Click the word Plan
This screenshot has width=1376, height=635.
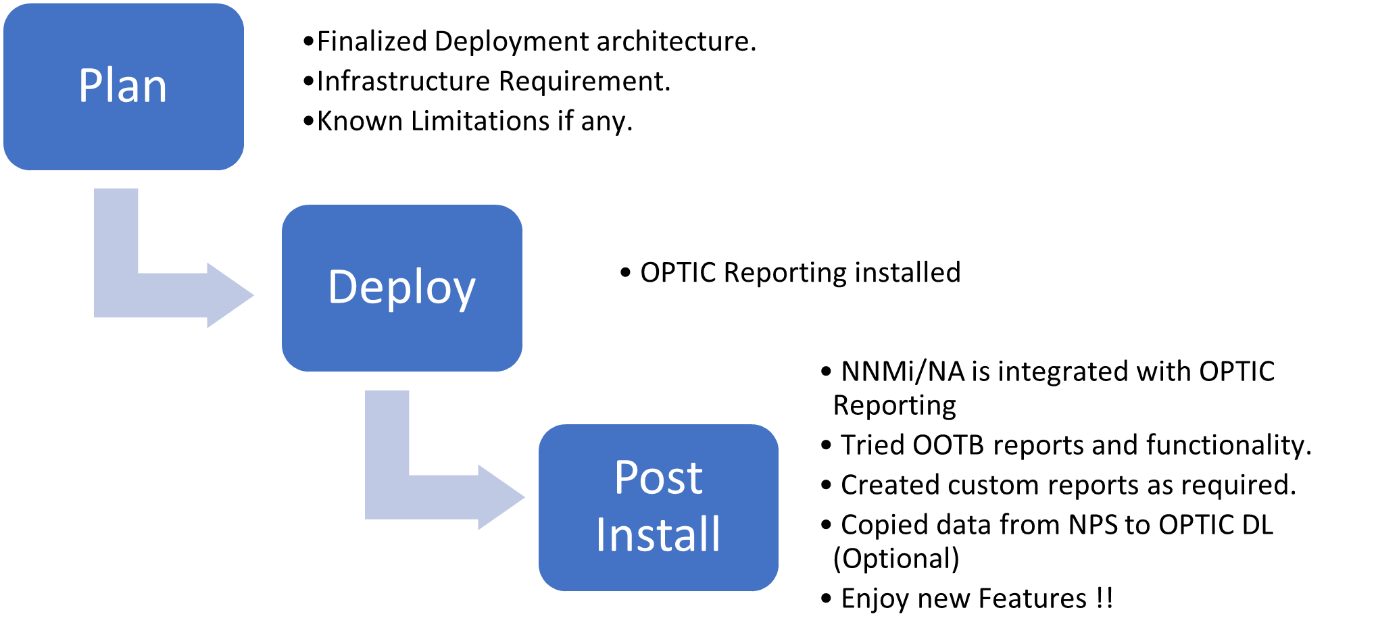(122, 86)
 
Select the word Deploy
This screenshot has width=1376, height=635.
(401, 287)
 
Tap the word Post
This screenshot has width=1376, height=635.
(658, 478)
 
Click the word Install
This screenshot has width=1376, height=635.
(658, 534)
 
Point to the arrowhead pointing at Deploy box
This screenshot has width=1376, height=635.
(233, 295)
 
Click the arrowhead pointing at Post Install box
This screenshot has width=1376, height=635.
(504, 497)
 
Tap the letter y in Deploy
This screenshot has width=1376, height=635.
(464, 292)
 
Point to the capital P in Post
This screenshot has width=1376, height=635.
(626, 478)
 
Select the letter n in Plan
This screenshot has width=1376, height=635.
(155, 90)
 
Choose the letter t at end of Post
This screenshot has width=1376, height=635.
(695, 480)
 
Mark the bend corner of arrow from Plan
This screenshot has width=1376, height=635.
(116, 295)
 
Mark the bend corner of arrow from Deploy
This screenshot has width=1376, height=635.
(387, 497)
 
